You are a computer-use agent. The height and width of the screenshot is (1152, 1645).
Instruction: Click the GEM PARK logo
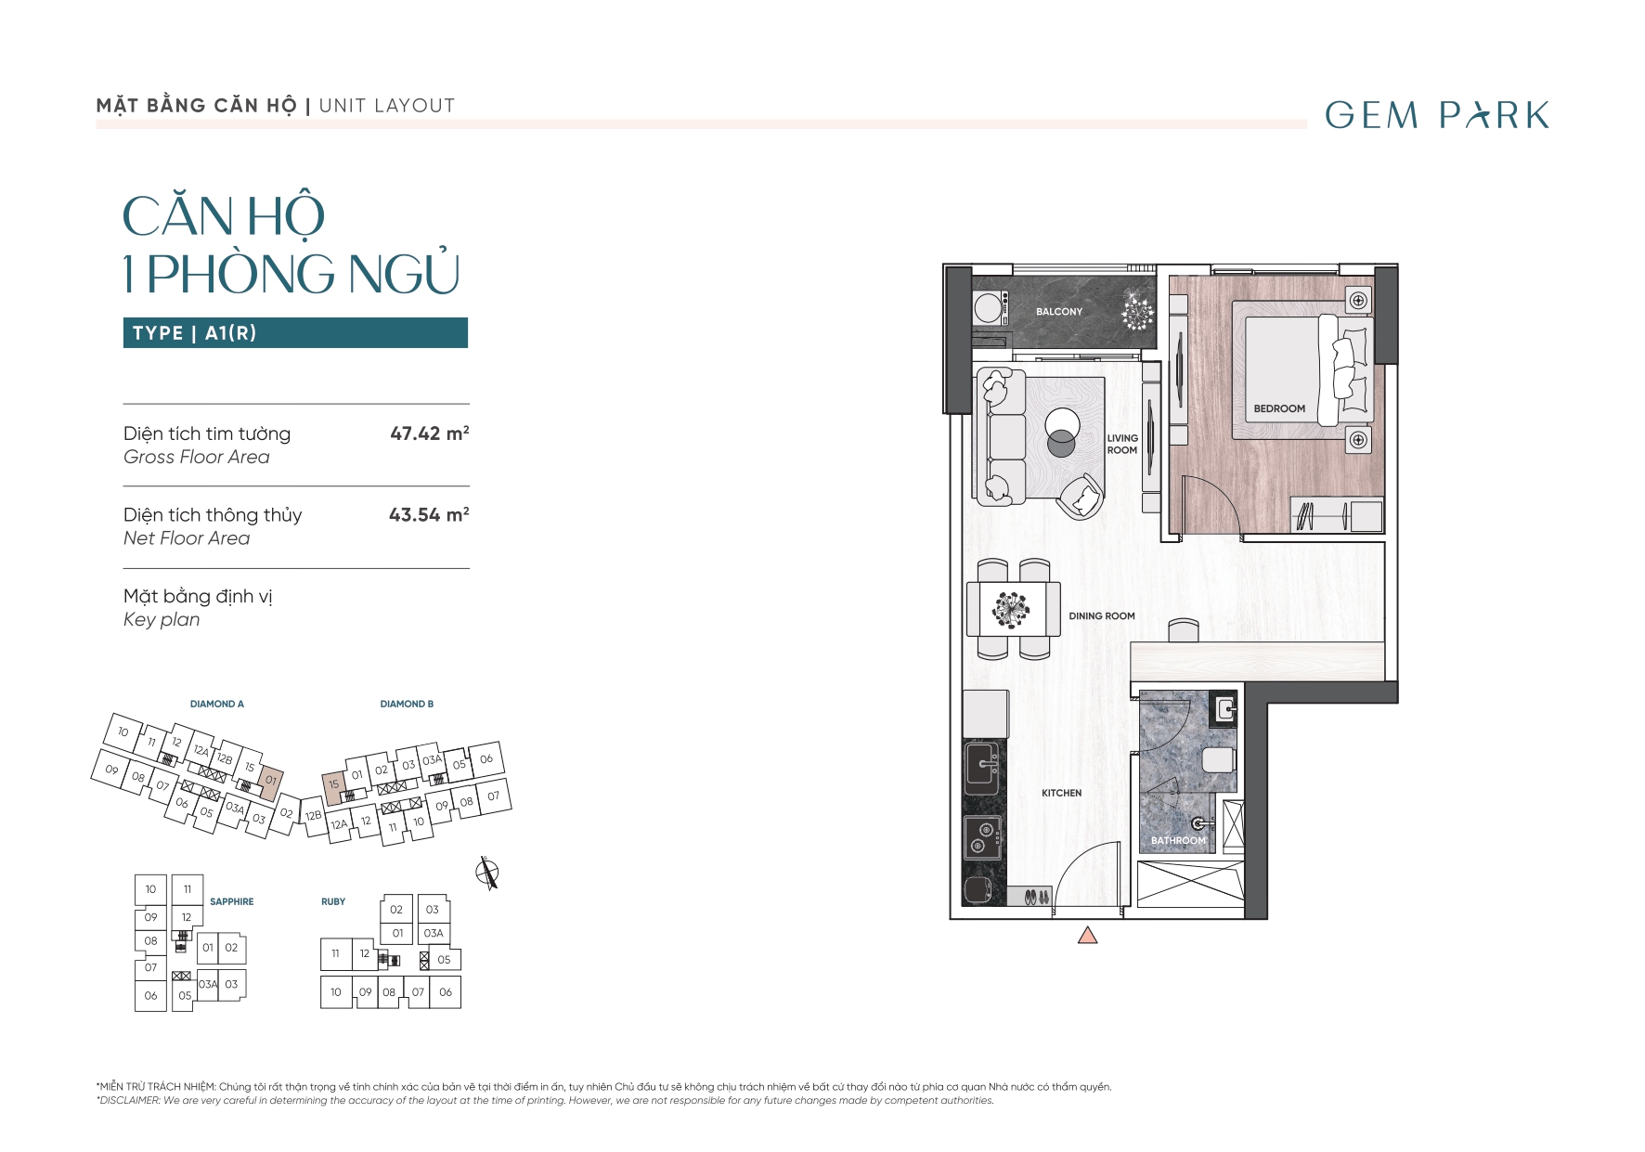point(1437,115)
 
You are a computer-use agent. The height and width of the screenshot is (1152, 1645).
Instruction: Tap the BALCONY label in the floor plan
point(1059,312)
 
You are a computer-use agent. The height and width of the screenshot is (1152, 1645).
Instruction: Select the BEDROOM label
point(1279,408)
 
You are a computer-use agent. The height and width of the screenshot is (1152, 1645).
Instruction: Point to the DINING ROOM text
point(1102,616)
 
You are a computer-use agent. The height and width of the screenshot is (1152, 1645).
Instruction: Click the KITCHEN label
point(1062,793)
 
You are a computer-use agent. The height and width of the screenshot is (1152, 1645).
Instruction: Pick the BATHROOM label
point(1179,841)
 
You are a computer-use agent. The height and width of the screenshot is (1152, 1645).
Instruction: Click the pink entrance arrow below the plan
point(1088,935)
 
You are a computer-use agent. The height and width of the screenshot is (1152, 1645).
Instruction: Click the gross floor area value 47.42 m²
point(430,434)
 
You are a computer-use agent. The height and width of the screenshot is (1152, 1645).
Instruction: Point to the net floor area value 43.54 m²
point(429,514)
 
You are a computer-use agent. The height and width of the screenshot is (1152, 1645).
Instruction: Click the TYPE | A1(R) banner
point(295,333)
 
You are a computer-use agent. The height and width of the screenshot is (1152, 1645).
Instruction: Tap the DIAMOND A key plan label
point(217,704)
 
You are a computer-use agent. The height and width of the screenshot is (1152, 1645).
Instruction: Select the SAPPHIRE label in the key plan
point(232,901)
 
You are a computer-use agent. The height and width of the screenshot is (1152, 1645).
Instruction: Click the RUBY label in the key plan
point(333,901)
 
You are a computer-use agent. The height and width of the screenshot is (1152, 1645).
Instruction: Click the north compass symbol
point(487,873)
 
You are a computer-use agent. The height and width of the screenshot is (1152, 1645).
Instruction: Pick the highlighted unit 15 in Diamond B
point(334,785)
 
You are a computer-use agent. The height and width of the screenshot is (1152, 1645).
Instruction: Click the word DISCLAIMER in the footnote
point(129,1101)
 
